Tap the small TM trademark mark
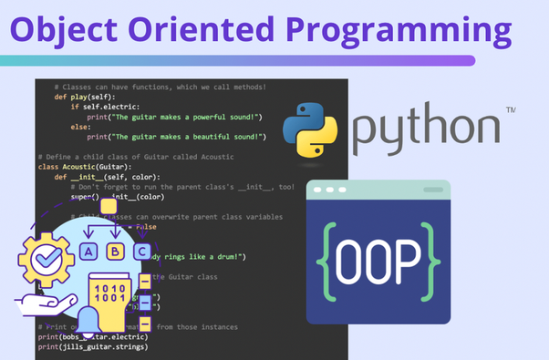tap(511, 110)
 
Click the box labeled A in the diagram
tap(88, 252)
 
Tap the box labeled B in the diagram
tap(115, 252)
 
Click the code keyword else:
tap(80, 126)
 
